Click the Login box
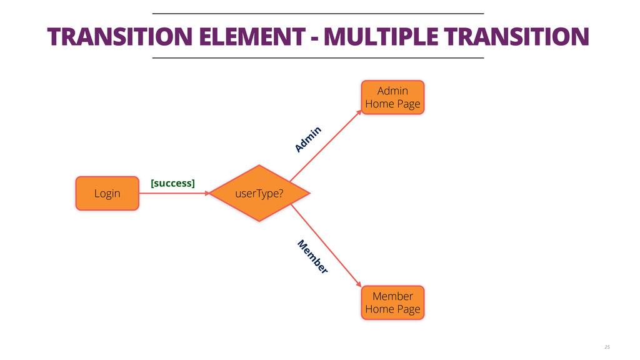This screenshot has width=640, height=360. tap(107, 193)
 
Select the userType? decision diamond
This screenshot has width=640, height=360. tap(259, 193)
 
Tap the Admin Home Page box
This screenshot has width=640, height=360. tap(392, 97)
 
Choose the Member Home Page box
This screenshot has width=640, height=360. tap(392, 302)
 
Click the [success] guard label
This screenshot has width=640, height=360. tap(172, 183)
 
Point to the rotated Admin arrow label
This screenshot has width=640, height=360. tap(308, 139)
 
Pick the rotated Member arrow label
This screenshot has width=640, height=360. tap(312, 256)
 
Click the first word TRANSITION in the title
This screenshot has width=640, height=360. tap(119, 37)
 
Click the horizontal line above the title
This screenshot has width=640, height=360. tap(318, 13)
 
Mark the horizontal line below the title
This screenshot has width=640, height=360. tap(318, 58)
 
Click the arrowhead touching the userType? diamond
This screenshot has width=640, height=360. tap(204, 193)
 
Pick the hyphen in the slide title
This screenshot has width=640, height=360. tap(312, 38)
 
